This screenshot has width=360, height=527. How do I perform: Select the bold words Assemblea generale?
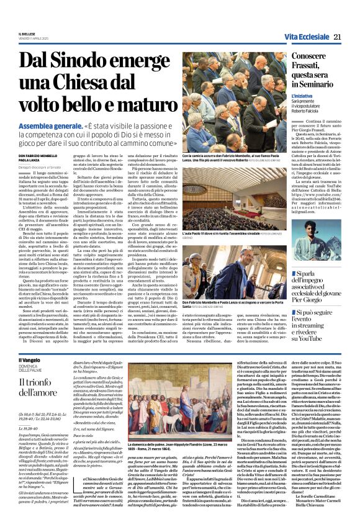pyautogui.click(x=47, y=124)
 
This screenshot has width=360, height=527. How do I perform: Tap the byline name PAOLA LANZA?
pyautogui.click(x=30, y=159)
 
